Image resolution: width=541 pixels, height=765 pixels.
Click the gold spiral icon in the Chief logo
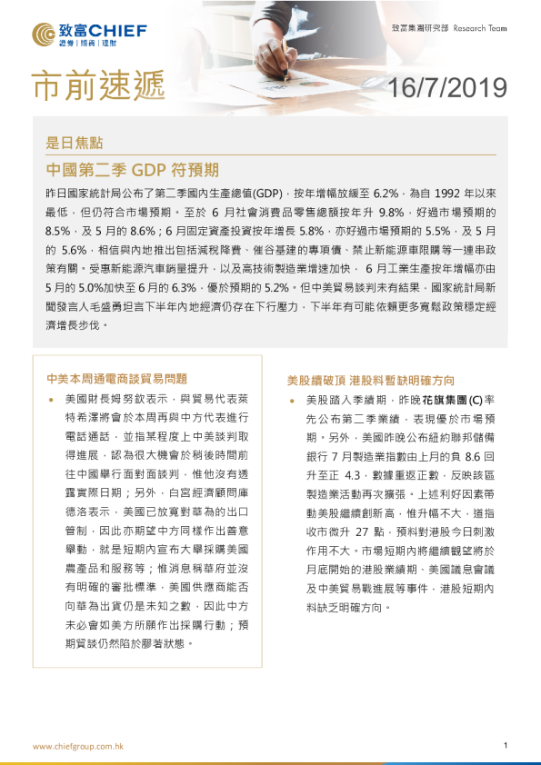(x=46, y=34)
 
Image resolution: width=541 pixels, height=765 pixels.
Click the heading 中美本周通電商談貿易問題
(x=116, y=379)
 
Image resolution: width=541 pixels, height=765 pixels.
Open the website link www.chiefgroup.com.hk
(x=78, y=746)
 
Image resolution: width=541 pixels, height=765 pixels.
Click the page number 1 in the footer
(x=505, y=745)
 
